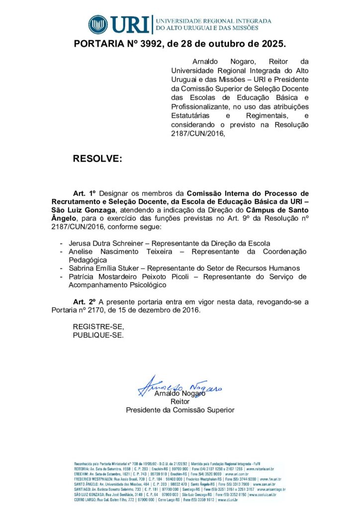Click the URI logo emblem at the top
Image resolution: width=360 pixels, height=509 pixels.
98,24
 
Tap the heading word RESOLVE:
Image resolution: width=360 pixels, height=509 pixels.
97,159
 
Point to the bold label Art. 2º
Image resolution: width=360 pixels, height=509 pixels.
84,302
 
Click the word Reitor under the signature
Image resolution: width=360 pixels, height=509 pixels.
180,402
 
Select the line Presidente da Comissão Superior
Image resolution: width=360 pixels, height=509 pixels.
180,410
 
